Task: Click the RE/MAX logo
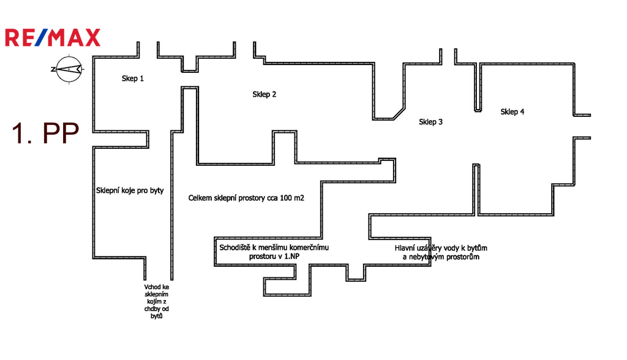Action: click(52, 37)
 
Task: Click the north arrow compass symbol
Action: click(67, 69)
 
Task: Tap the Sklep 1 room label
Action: click(133, 78)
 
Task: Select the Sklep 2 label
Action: click(265, 94)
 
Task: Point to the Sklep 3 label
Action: click(431, 122)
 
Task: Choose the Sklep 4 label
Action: click(512, 111)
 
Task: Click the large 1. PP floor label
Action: click(45, 134)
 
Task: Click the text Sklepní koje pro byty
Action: click(130, 190)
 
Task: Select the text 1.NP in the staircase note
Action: click(290, 257)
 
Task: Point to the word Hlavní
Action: click(406, 247)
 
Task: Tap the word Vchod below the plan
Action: click(152, 286)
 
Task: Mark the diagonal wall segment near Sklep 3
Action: click(396, 112)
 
